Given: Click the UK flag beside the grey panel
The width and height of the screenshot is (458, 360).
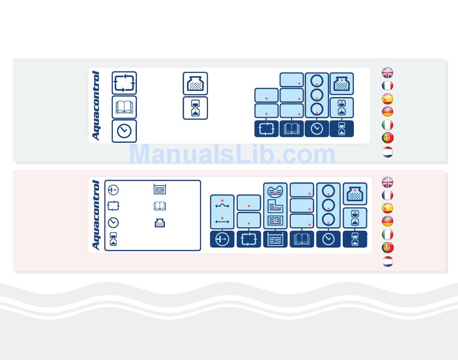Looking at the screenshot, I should pyautogui.click(x=388, y=73).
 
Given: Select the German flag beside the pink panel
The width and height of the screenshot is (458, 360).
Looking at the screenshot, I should pyautogui.click(x=388, y=222).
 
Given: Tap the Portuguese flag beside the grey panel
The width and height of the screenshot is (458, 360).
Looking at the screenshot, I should pyautogui.click(x=388, y=138).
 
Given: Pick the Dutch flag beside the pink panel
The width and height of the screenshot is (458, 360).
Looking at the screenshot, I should pyautogui.click(x=388, y=262).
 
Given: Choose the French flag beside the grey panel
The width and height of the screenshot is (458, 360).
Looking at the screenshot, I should pyautogui.click(x=388, y=86).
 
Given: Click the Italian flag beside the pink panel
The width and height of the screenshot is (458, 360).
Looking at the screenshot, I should pyautogui.click(x=388, y=235).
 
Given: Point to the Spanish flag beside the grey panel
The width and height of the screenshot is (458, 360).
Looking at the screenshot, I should pyautogui.click(x=388, y=99).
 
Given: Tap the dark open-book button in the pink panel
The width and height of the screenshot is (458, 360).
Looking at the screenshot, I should pyautogui.click(x=302, y=239).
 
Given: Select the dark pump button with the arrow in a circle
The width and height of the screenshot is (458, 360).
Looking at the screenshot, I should pyautogui.click(x=222, y=239).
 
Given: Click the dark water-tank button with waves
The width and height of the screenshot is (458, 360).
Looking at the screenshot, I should pyautogui.click(x=275, y=239).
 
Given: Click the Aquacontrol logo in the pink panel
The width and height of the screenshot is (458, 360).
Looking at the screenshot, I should pyautogui.click(x=95, y=215).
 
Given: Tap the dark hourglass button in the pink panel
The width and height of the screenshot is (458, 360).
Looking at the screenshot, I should pyautogui.click(x=355, y=239).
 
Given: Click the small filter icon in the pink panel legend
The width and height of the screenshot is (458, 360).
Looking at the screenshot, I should pyautogui.click(x=160, y=223).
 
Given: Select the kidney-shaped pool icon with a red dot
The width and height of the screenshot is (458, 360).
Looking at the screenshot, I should pyautogui.click(x=275, y=191).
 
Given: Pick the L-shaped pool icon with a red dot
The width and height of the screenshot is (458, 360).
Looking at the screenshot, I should pyautogui.click(x=275, y=206).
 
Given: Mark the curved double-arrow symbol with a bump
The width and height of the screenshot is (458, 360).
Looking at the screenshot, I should pyautogui.click(x=222, y=205).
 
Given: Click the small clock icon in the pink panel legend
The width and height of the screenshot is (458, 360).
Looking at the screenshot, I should pyautogui.click(x=113, y=223).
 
